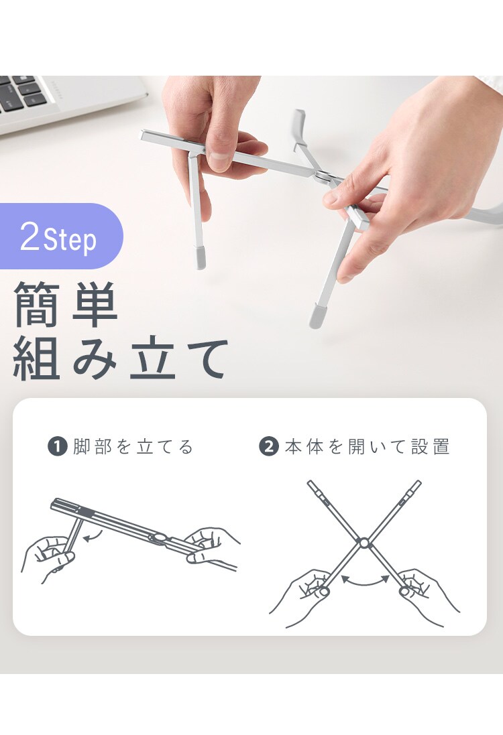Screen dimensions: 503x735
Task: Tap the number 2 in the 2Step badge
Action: (30, 237)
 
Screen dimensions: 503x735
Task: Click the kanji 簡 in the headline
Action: (37, 304)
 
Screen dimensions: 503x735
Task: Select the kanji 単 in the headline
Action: (95, 304)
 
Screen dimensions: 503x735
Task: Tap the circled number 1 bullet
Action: (57, 446)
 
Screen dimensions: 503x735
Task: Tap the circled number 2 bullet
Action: (269, 446)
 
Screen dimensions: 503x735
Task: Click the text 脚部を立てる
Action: (133, 447)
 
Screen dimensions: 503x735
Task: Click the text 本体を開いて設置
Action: (368, 447)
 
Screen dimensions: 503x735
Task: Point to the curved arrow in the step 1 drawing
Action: (94, 536)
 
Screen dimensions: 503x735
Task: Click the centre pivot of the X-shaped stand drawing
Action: (364, 543)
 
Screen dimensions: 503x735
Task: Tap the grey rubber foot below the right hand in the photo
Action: (316, 316)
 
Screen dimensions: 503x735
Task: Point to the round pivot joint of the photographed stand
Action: (323, 176)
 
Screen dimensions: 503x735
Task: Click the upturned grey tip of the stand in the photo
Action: (299, 124)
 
